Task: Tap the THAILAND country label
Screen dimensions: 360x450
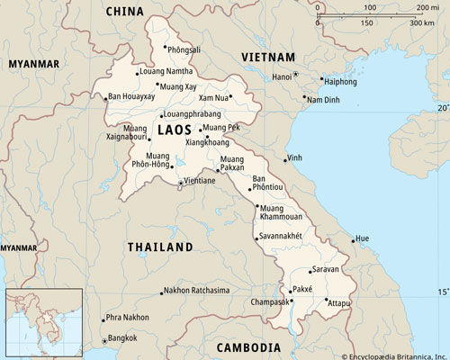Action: pyautogui.click(x=159, y=246)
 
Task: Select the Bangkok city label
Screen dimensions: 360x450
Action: pyautogui.click(x=121, y=337)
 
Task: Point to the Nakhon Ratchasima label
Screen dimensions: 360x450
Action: pyautogui.click(x=198, y=291)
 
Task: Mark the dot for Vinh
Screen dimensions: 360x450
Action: pyautogui.click(x=286, y=161)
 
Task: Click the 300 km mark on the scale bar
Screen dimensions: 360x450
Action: pyautogui.click(x=422, y=21)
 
